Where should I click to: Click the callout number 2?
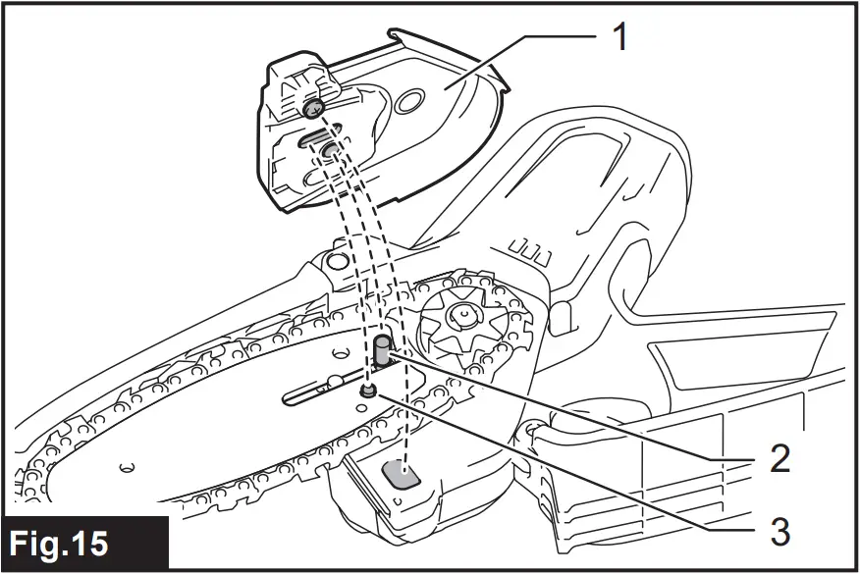[780, 459]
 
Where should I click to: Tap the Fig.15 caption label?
[62, 543]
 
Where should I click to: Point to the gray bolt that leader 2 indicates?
[381, 351]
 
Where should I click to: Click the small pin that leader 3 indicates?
[368, 391]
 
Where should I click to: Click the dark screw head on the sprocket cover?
[313, 107]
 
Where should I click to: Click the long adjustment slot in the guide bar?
[314, 394]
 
